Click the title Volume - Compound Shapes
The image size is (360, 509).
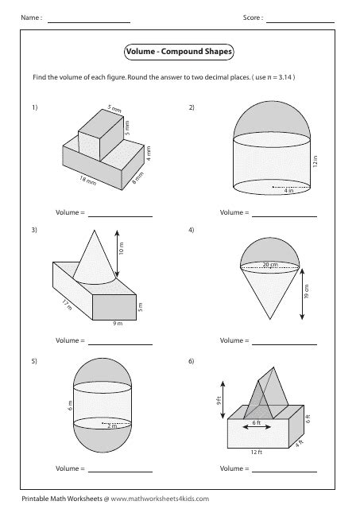click(x=179, y=52)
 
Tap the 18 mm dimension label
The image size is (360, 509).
click(x=88, y=181)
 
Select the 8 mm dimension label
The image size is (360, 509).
click(x=137, y=178)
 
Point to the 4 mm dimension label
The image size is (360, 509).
click(x=149, y=153)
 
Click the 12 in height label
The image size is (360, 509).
click(x=315, y=161)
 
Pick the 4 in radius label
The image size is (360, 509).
click(x=288, y=191)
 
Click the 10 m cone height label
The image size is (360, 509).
click(x=122, y=248)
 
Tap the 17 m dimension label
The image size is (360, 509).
click(x=67, y=305)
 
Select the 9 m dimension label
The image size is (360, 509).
click(x=118, y=324)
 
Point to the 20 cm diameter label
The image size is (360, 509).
click(x=270, y=264)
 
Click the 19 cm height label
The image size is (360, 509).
click(x=307, y=291)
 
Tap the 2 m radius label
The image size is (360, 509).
click(x=112, y=426)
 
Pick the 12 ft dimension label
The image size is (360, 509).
click(x=256, y=452)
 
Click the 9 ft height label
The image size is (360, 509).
click(x=219, y=401)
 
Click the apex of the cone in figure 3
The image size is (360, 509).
click(x=95, y=230)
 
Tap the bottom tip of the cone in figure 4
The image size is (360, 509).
click(x=270, y=320)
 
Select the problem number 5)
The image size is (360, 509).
click(x=34, y=361)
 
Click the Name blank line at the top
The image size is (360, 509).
click(x=89, y=22)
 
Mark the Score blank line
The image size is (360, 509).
click(x=300, y=22)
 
